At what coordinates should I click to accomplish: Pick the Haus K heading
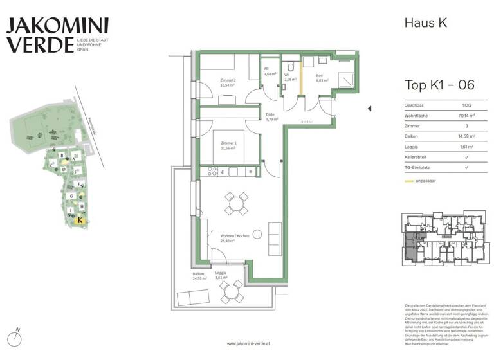click(x=425, y=23)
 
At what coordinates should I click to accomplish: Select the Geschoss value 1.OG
click(x=466, y=105)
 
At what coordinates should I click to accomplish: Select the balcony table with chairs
click(x=231, y=293)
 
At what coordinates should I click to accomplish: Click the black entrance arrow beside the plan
click(x=369, y=109)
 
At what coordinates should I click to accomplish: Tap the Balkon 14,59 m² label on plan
click(x=198, y=276)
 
